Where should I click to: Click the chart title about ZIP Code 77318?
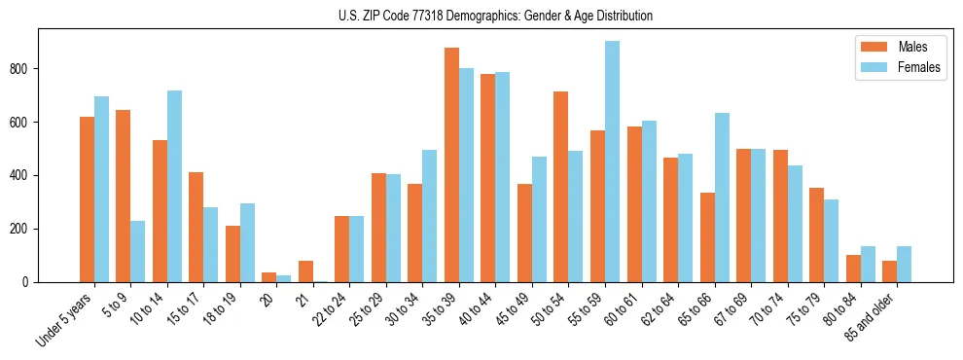481,16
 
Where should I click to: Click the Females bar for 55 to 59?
612,162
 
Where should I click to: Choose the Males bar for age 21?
305,271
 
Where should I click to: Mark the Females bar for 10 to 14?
174,186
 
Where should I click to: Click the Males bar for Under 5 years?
87,199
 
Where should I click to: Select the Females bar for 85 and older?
904,264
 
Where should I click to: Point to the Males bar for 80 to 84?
853,269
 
